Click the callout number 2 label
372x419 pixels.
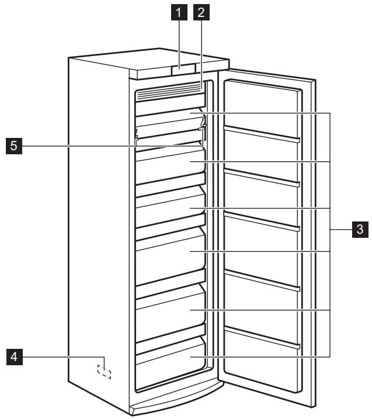201,11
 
